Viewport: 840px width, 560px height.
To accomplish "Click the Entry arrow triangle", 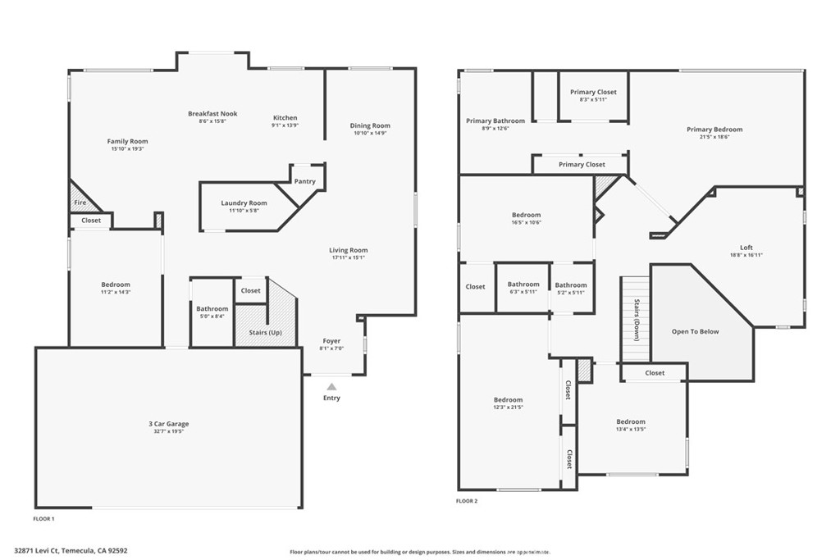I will tap(331, 385).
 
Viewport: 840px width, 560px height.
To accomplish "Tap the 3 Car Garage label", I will tap(168, 424).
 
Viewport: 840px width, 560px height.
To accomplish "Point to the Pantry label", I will tap(304, 181).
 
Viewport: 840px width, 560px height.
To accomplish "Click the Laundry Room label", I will tap(244, 203).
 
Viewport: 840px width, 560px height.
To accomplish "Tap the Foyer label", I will tap(331, 341).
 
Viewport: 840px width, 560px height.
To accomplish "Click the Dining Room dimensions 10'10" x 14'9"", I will tap(370, 133).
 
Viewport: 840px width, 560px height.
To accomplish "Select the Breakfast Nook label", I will tap(212, 114).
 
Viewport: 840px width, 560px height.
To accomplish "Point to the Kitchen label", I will tap(285, 117).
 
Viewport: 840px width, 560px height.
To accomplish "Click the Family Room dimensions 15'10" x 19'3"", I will tap(127, 149).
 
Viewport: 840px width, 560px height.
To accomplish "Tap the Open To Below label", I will tap(695, 331).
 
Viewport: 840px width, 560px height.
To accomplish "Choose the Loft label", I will tap(746, 248).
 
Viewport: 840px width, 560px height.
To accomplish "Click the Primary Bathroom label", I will tap(495, 121).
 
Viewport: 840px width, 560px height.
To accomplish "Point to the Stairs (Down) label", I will tap(637, 320).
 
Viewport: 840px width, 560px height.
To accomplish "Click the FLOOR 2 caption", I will tap(467, 500).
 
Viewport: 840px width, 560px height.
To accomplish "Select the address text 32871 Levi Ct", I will tap(41, 551).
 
